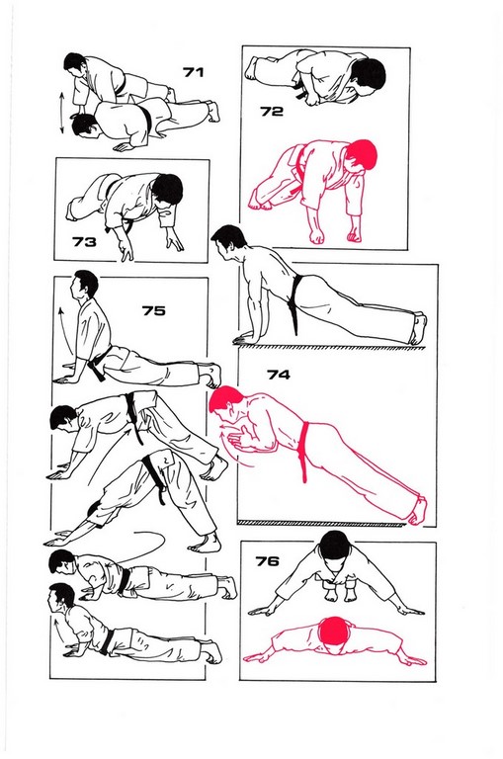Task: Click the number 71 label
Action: (193, 72)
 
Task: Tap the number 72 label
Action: (272, 112)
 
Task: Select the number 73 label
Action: (84, 241)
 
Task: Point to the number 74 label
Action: (279, 375)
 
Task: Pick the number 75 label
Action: (153, 310)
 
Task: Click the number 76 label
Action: (267, 561)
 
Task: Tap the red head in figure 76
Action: (335, 631)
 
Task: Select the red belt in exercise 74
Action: (304, 451)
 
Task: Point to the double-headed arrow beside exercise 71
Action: (62, 114)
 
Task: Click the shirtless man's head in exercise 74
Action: (228, 240)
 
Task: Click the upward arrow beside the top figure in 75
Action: (65, 329)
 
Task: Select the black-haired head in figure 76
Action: (335, 545)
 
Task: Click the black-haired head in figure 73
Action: (168, 190)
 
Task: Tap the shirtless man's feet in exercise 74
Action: (418, 329)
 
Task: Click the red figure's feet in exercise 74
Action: (418, 511)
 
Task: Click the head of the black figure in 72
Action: (369, 74)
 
